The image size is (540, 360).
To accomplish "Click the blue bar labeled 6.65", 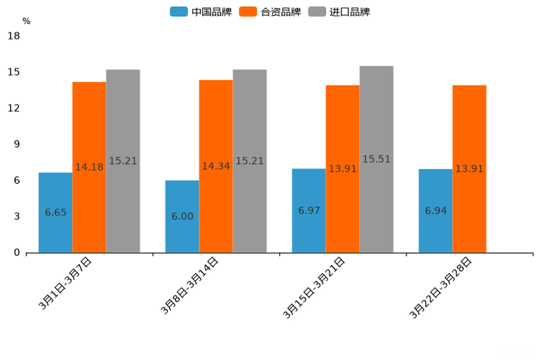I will click(x=55, y=213).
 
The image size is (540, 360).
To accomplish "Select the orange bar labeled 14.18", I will click(x=89, y=168).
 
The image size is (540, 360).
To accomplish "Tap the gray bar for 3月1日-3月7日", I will click(x=123, y=161).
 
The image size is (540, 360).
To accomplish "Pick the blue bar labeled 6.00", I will click(x=182, y=216).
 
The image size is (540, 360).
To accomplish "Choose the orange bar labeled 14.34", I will click(x=216, y=166).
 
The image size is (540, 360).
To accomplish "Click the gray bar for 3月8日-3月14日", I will click(x=250, y=161).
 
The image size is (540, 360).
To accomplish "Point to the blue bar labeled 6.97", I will click(x=308, y=210).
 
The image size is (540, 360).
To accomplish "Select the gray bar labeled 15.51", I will click(x=376, y=160).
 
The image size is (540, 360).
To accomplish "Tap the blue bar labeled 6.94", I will click(x=435, y=210).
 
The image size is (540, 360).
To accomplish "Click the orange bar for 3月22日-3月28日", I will click(x=469, y=169).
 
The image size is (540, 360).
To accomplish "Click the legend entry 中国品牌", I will click(x=201, y=12).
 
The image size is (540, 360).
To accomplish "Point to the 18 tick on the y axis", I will click(x=14, y=36).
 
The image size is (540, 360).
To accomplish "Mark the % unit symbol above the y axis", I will click(x=26, y=21).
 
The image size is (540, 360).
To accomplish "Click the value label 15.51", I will click(x=376, y=159).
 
